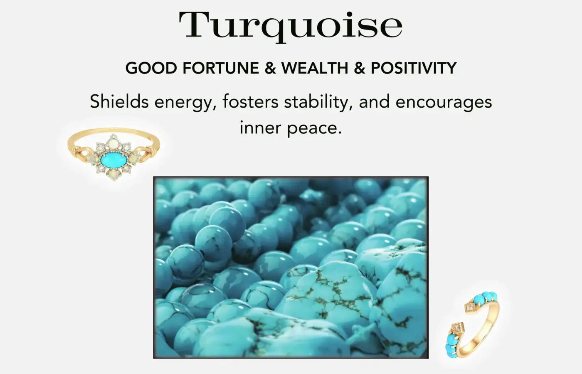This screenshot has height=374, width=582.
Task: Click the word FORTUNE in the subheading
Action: tap(221, 68)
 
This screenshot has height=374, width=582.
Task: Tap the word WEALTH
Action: tap(315, 68)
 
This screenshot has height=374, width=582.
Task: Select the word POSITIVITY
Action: tap(413, 68)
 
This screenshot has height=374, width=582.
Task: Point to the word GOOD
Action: tap(151, 68)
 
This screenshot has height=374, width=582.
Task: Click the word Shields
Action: tap(119, 101)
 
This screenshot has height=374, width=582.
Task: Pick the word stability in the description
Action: tap(318, 102)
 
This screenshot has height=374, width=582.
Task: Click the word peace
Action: tap(314, 128)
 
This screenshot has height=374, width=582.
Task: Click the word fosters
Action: tap(250, 101)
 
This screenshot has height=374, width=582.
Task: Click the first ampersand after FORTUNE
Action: tap(270, 68)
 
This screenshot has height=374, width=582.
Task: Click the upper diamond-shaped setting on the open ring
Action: tap(470, 308)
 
